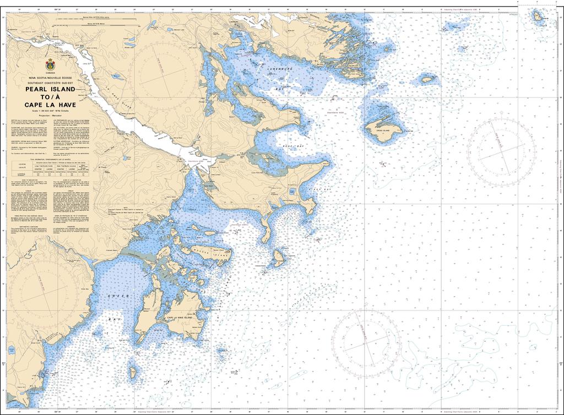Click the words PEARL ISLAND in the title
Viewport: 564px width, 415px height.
(x=50, y=89)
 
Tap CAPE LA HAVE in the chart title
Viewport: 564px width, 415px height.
(x=50, y=105)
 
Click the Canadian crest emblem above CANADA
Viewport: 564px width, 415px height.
(x=50, y=65)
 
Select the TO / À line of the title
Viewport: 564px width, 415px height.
(x=50, y=97)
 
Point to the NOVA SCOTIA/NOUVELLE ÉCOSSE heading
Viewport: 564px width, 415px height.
(x=50, y=78)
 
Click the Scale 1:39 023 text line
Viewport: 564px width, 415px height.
(x=50, y=112)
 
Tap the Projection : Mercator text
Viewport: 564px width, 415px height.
(x=50, y=116)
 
